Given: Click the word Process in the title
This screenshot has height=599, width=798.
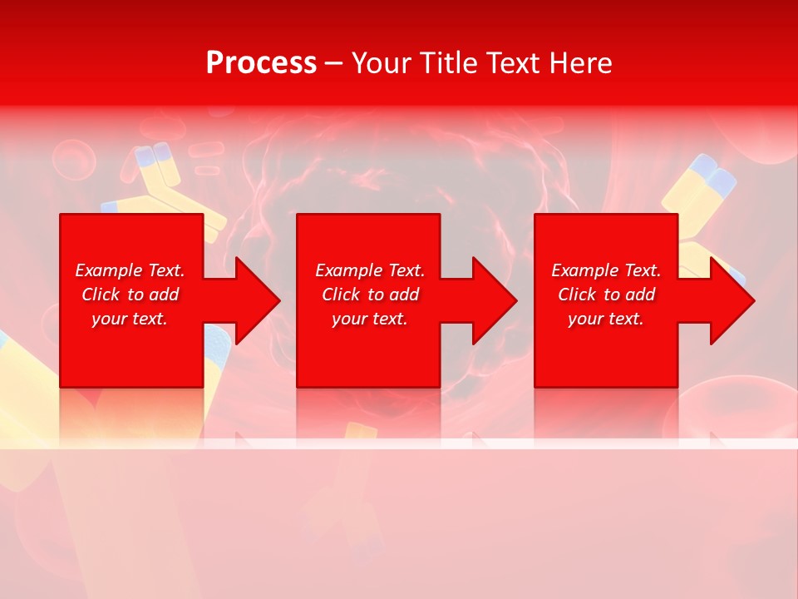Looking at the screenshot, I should click(x=261, y=63).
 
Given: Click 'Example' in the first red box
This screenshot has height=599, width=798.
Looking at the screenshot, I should click(x=109, y=270).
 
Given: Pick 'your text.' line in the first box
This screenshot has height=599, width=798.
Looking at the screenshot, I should click(x=130, y=319).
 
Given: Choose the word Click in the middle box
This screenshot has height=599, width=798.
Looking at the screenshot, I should click(x=341, y=295).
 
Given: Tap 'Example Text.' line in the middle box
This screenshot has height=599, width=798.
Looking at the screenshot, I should click(x=369, y=270).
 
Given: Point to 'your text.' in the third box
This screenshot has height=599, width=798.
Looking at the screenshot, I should click(x=606, y=319).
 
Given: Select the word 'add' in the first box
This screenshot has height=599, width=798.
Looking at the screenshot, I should click(x=163, y=295).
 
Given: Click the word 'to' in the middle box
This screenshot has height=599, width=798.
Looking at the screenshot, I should click(x=376, y=295).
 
